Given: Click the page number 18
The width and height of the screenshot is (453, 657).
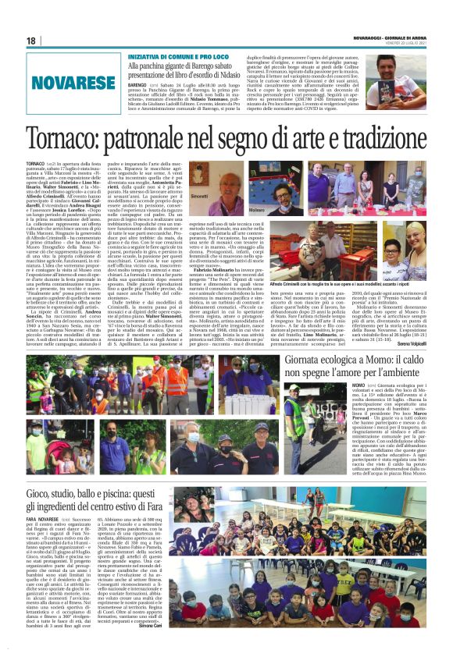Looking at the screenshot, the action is [x=32, y=41].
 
